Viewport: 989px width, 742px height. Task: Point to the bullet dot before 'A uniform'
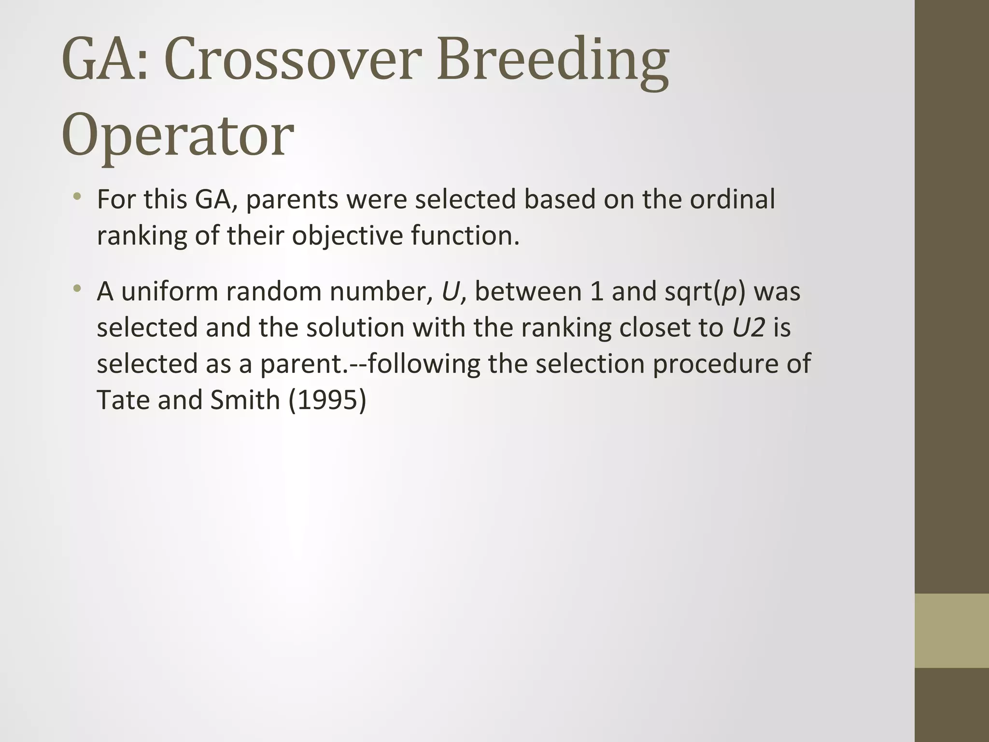(77, 289)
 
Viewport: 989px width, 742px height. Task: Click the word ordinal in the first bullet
(732, 199)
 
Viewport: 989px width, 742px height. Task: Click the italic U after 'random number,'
(450, 291)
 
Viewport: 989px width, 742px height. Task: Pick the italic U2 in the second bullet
(749, 328)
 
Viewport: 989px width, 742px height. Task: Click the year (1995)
(327, 400)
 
